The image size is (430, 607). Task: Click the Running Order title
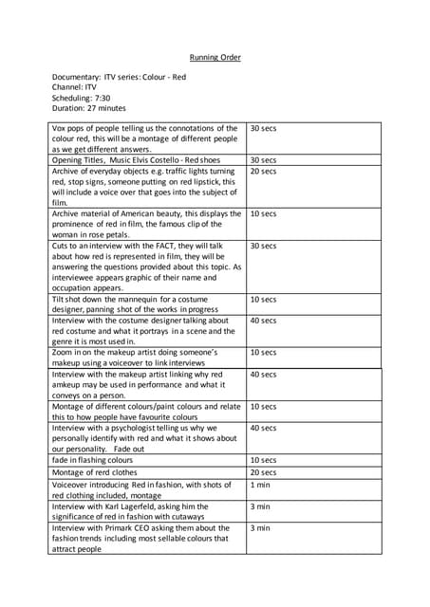(215, 58)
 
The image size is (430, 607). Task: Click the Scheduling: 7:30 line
(81, 97)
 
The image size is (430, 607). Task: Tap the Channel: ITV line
(74, 86)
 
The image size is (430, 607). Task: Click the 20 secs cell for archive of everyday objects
(263, 172)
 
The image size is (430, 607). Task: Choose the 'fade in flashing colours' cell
(92, 460)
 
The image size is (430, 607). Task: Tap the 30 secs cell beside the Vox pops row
(263, 128)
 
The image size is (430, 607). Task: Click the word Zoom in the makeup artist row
(63, 353)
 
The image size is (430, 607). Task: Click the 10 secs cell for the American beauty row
(263, 214)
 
